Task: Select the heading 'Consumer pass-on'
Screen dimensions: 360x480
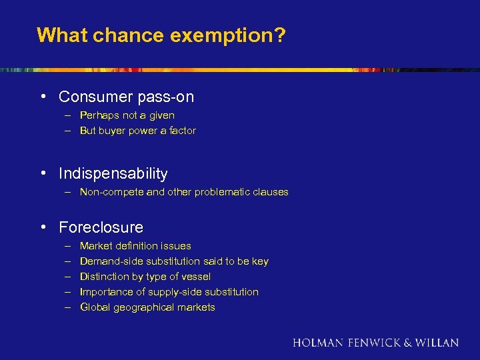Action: pyautogui.click(x=126, y=97)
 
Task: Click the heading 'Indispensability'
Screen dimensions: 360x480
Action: pyautogui.click(x=113, y=174)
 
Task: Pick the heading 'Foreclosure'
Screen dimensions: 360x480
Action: pyautogui.click(x=101, y=227)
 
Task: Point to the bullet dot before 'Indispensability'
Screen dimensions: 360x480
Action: pyautogui.click(x=43, y=173)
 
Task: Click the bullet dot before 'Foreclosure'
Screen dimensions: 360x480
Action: pyautogui.click(x=43, y=227)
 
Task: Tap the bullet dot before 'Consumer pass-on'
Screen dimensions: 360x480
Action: pyautogui.click(x=43, y=96)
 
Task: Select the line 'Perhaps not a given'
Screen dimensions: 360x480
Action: pyautogui.click(x=127, y=115)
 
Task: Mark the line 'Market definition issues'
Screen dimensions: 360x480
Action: pyautogui.click(x=135, y=246)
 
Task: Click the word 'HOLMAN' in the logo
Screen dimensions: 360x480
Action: pyautogui.click(x=318, y=343)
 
